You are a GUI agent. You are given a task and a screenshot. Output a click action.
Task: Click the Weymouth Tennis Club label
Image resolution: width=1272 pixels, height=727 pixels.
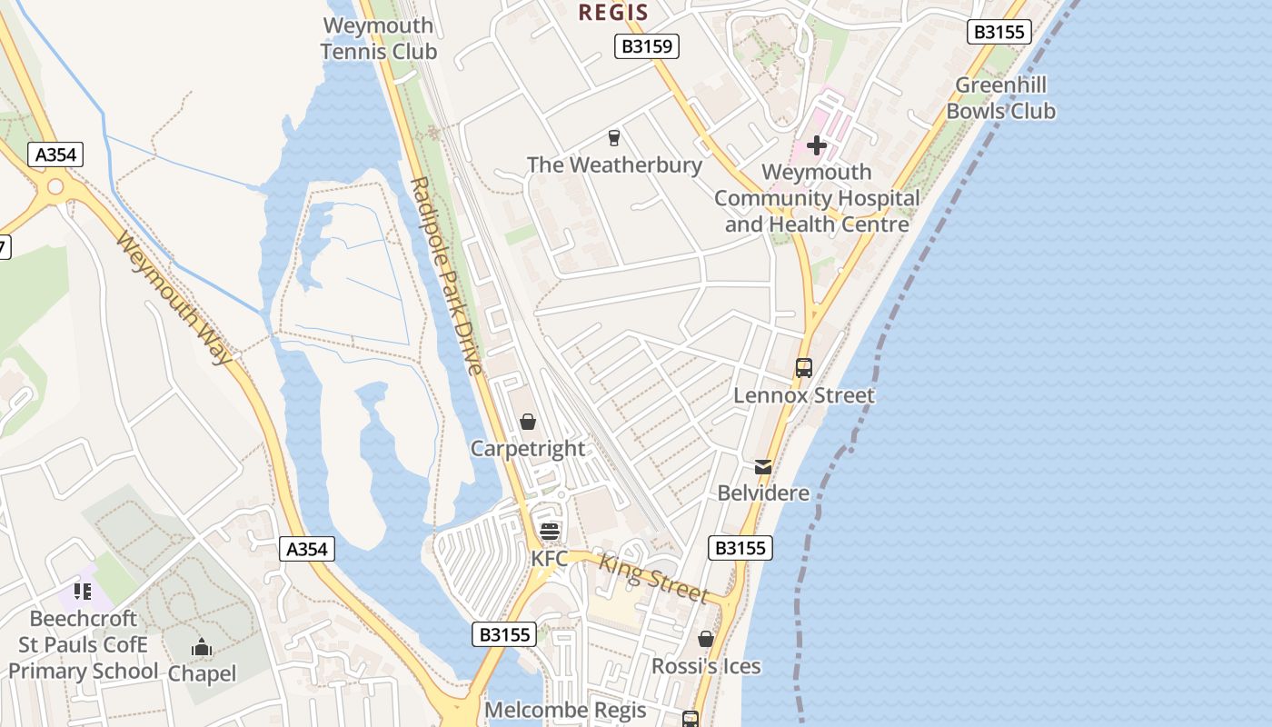coord(379,38)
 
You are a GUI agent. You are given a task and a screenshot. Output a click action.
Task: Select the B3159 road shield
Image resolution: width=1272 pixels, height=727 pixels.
coord(647,46)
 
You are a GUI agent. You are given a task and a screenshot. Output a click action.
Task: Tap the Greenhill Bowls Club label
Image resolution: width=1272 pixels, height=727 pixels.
coord(1000,98)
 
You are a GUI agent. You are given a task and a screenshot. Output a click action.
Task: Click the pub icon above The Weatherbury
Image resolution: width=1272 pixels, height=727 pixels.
coord(614,138)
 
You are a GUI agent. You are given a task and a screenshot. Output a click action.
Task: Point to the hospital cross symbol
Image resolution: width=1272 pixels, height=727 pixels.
coord(816,144)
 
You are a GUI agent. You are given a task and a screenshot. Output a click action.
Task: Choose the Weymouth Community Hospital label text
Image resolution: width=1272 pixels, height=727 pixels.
coord(816,198)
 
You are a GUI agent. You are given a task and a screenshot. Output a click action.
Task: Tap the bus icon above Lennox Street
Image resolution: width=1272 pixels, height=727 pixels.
coord(804,368)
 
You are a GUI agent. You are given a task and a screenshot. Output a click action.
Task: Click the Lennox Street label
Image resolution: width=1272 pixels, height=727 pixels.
coord(804,395)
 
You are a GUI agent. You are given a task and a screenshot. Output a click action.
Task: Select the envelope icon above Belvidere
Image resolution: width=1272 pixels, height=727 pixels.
coord(763,467)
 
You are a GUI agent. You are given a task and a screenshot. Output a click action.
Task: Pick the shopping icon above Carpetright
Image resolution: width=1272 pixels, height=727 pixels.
coord(528,423)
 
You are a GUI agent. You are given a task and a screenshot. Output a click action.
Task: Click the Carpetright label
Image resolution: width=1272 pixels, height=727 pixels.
coord(528,449)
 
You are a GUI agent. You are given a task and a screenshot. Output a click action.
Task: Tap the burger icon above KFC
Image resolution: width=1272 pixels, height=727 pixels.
coord(549,532)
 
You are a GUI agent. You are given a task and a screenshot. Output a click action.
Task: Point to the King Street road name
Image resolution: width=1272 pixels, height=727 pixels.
coord(653,579)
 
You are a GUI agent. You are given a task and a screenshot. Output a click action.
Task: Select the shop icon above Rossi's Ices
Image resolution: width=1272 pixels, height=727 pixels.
coord(706,640)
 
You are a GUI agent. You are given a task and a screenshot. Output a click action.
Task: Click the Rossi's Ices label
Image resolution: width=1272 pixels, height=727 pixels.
coord(706,666)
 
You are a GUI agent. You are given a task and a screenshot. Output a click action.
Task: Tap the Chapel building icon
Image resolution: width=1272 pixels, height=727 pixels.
coord(202,648)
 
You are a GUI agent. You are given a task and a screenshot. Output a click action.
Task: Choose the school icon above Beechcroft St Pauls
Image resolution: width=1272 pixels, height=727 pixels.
coord(83,593)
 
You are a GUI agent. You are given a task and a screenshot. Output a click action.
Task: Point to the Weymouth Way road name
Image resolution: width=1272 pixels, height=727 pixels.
coord(174,297)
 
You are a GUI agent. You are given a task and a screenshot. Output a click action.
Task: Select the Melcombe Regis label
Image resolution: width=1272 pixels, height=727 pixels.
coord(566,710)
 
